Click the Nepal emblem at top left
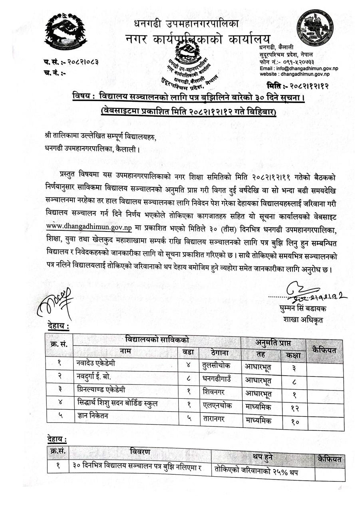coord(65,33)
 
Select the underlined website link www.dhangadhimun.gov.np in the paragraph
coord(89,228)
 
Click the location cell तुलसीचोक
coord(217,364)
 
